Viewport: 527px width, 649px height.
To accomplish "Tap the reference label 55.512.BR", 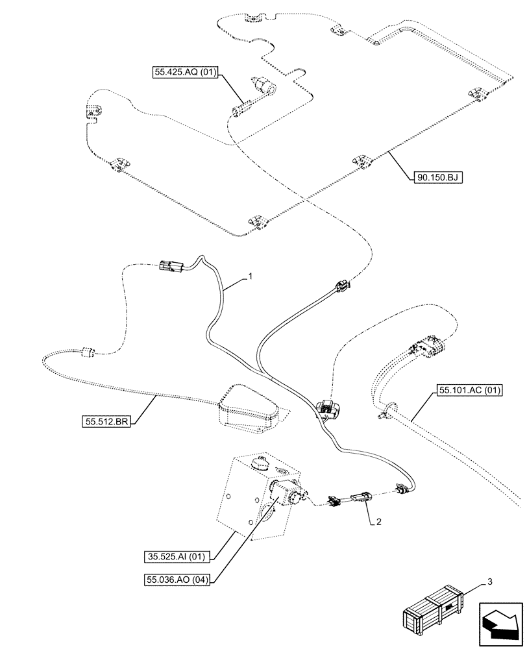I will pos(106,422).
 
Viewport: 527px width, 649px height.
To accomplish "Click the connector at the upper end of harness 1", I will pos(170,265).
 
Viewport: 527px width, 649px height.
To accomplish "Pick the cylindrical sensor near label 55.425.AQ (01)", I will pos(262,85).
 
